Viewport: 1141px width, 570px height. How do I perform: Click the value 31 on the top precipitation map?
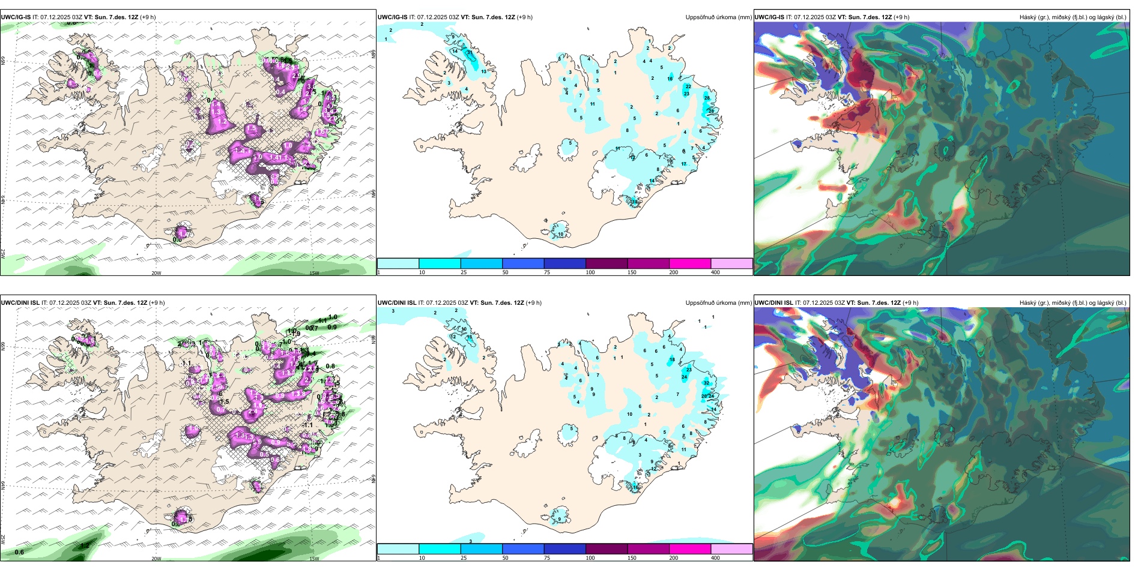point(470,53)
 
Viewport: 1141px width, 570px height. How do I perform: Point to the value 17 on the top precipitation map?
point(683,164)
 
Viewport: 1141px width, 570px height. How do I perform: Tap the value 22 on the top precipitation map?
point(688,86)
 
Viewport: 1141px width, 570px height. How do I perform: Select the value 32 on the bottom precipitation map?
point(706,383)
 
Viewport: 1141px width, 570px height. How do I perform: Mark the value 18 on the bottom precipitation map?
point(672,360)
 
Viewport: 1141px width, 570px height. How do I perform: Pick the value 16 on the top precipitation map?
point(670,79)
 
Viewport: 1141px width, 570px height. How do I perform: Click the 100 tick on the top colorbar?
point(590,272)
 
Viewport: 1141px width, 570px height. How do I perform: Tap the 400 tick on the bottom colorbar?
point(715,558)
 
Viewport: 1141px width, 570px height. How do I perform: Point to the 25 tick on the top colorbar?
point(464,272)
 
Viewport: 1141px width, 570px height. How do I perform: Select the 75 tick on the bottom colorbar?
point(547,558)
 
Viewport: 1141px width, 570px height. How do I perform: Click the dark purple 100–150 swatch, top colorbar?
point(607,263)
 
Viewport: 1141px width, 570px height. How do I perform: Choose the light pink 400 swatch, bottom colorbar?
point(731,549)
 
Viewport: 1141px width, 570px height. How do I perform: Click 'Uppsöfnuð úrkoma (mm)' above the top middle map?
point(718,17)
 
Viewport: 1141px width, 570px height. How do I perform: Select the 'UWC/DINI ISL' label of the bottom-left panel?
point(20,303)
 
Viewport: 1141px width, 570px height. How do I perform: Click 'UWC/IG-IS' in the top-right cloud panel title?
point(769,17)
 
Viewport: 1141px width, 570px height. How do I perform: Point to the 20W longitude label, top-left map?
point(156,273)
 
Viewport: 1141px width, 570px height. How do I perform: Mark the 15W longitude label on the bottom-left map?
point(313,559)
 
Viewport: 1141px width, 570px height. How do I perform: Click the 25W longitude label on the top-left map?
point(3,254)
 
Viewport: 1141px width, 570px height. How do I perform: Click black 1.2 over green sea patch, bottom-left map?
point(85,545)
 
